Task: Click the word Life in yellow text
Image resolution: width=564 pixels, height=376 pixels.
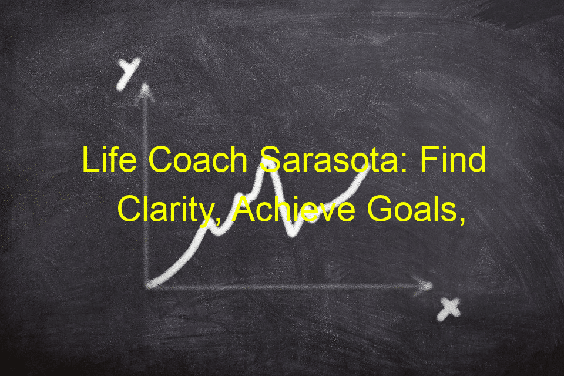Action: tap(109, 159)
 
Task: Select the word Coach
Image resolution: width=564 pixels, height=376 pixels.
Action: tap(198, 159)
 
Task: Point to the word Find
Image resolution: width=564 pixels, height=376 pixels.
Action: tap(453, 159)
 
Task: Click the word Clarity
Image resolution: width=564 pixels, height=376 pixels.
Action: tap(164, 210)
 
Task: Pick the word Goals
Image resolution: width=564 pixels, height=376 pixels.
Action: tap(412, 209)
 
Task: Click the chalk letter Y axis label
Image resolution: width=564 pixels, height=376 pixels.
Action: tap(127, 74)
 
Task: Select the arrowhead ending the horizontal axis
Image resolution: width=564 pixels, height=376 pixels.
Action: tap(424, 286)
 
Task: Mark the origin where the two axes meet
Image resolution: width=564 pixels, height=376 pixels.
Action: tap(147, 287)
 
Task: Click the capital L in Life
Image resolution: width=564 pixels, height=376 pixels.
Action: tap(90, 159)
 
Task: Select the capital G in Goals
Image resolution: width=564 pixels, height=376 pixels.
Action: tap(379, 209)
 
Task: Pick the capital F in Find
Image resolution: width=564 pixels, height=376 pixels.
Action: tap(429, 159)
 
